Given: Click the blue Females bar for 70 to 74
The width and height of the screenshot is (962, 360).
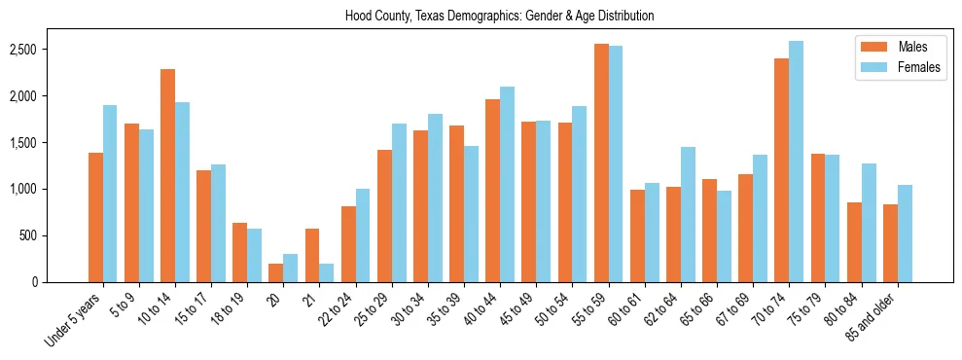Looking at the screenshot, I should point(796,162).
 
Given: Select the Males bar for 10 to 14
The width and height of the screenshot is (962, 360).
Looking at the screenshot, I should point(167,176).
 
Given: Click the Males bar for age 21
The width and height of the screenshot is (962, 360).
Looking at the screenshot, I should point(312,256).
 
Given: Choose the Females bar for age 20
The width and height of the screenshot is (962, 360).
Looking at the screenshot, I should point(290,269).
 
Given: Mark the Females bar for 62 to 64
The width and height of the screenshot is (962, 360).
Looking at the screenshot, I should point(688,215).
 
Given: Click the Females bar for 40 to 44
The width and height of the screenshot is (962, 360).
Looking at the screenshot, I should point(507,185).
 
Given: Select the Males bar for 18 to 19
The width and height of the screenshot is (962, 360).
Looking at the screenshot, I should point(240,253).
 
